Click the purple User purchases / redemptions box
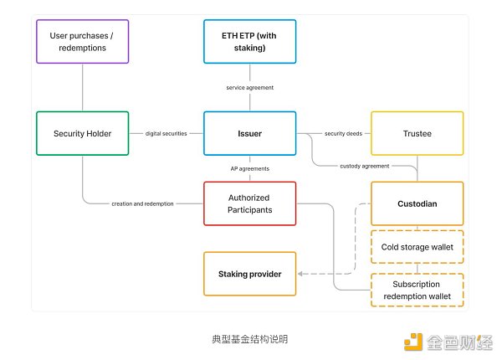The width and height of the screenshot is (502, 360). point(83,42)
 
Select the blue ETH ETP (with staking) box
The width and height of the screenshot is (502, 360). point(249,42)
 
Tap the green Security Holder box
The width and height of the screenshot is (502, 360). point(83,133)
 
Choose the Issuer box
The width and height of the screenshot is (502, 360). point(249,133)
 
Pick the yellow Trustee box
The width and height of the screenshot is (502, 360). point(417,133)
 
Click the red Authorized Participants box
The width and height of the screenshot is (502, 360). point(249,203)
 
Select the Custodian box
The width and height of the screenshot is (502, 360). point(417,203)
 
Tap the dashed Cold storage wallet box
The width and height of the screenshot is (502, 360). point(417,247)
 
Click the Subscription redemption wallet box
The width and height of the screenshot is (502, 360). point(417,291)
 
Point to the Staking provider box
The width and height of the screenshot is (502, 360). point(249,274)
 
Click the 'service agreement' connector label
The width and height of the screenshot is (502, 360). point(249,88)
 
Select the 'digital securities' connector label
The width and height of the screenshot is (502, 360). point(166,133)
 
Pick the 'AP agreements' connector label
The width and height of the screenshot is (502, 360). point(249,168)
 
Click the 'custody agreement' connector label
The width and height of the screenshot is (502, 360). point(364,166)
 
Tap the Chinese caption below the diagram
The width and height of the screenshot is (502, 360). point(249,340)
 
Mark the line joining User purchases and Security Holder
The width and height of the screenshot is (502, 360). point(83,88)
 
